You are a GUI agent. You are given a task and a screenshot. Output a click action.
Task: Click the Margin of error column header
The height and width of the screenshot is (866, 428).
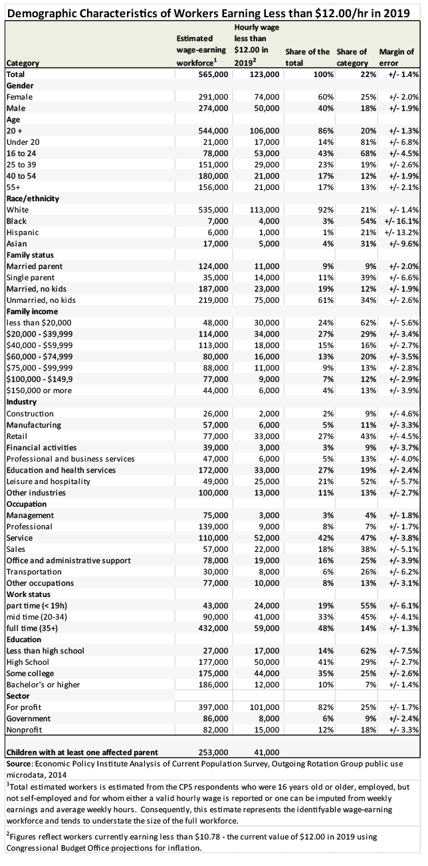(396, 57)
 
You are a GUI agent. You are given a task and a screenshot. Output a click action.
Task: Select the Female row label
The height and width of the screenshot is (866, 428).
(19, 97)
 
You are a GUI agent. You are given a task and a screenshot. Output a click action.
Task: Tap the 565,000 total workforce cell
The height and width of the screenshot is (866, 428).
(213, 74)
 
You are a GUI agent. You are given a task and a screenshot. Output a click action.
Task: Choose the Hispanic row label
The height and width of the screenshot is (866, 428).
(23, 232)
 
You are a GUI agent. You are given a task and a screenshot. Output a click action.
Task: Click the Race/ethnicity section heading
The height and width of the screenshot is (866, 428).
(33, 199)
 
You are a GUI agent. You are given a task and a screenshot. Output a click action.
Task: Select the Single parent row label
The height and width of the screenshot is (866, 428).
(31, 278)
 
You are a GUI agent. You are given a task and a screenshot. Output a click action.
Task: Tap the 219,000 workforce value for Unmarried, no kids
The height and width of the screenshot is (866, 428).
(213, 300)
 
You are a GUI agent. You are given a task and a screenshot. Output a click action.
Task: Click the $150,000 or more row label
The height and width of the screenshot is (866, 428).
(39, 390)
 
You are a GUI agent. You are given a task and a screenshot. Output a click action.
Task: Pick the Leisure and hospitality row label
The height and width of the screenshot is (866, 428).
(49, 481)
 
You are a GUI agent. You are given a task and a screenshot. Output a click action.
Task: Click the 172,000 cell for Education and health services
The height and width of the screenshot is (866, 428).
(213, 470)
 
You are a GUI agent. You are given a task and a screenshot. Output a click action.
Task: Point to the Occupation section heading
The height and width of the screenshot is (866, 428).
(27, 504)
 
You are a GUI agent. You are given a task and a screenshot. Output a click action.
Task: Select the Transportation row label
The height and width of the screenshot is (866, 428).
(34, 572)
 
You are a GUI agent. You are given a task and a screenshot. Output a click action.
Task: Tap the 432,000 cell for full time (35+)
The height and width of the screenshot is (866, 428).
(213, 628)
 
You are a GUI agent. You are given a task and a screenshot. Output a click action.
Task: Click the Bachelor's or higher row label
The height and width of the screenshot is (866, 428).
(43, 685)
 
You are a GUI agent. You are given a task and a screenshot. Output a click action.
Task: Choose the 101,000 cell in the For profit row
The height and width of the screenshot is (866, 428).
(264, 707)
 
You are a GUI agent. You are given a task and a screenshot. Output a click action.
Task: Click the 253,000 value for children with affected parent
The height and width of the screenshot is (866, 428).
(213, 752)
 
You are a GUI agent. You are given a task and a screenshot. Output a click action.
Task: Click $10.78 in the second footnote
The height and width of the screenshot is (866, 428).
(209, 837)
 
